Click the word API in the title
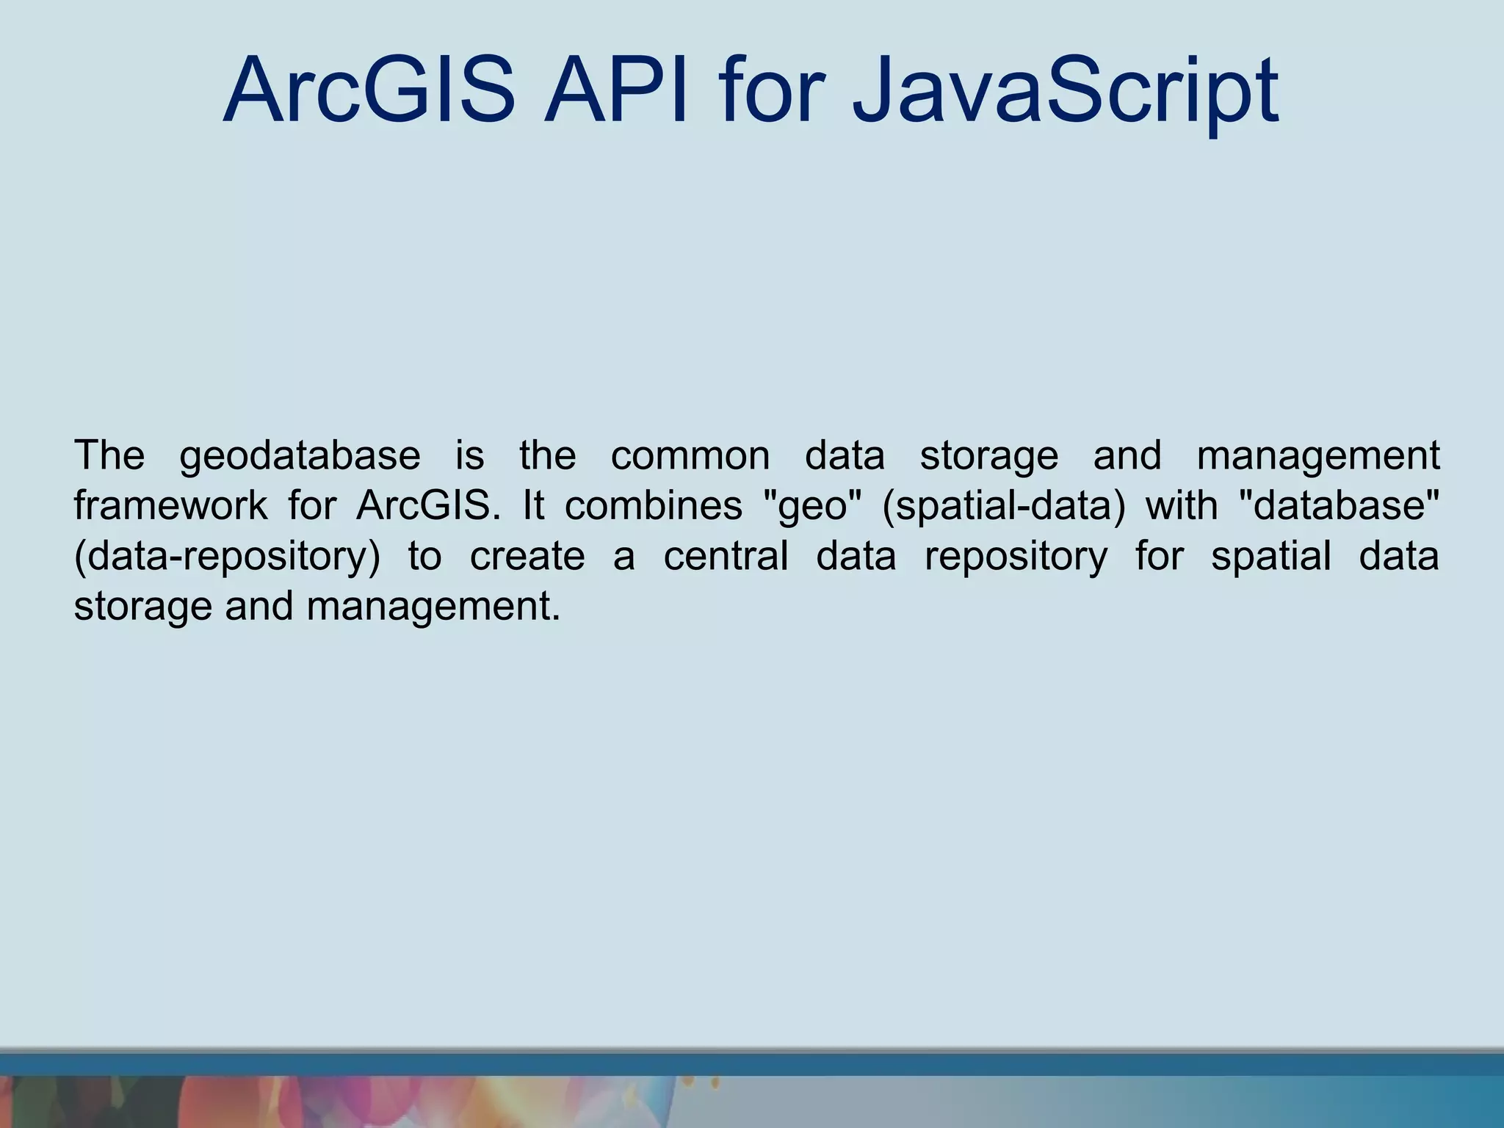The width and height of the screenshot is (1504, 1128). (x=615, y=92)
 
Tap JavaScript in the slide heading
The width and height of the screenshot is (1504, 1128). (x=1065, y=92)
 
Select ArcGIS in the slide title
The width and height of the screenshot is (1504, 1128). (x=369, y=92)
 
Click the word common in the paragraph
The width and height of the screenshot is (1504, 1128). (x=690, y=456)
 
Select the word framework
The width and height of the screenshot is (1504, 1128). (x=170, y=506)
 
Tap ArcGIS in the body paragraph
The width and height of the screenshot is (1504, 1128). (x=427, y=506)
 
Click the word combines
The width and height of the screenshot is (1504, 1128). (x=653, y=506)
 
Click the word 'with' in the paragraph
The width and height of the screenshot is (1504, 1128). (x=1182, y=506)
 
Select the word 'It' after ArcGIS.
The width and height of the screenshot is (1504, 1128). (x=533, y=506)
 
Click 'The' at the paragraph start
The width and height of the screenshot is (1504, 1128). (x=109, y=456)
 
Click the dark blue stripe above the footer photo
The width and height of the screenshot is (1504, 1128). (x=752, y=1064)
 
